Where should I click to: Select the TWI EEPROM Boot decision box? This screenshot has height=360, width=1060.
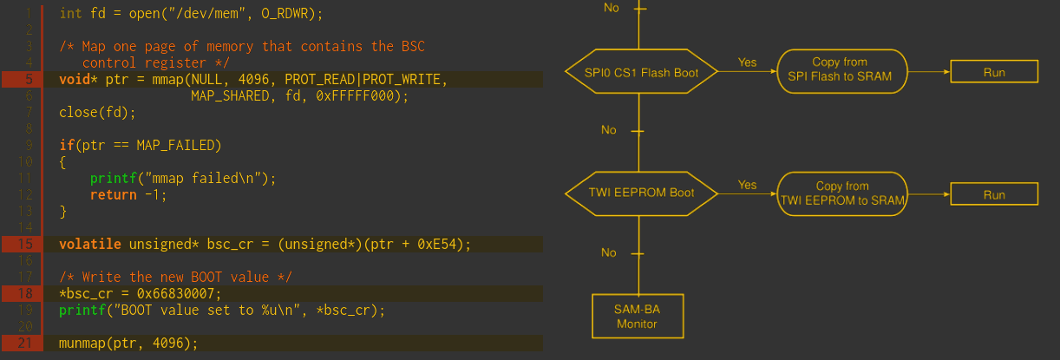(642, 193)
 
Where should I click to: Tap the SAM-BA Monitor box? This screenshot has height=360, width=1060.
(638, 317)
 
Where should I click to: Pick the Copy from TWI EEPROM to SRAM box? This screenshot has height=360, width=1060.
(842, 193)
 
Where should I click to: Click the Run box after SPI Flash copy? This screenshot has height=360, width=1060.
(994, 72)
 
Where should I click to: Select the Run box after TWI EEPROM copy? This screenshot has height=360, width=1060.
(994, 194)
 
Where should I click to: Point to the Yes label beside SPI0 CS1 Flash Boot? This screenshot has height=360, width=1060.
(747, 62)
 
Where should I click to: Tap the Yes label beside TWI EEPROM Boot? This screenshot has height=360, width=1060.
(747, 185)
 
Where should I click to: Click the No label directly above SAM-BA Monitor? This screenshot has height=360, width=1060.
(609, 252)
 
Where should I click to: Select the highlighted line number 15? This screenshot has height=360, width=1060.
(25, 244)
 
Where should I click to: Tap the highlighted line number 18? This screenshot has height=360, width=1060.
(25, 293)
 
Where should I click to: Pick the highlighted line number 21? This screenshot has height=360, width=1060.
(25, 343)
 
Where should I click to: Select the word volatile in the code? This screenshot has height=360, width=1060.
(90, 244)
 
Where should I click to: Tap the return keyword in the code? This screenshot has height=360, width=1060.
(113, 194)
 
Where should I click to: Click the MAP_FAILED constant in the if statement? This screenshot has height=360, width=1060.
(167, 145)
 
